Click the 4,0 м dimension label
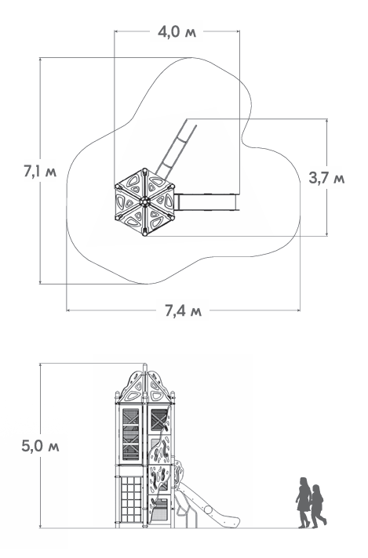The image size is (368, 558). coord(177,32)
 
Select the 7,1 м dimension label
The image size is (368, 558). coord(40,172)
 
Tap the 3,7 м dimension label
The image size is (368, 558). coord(326,178)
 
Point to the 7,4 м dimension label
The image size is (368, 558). coord(183,310)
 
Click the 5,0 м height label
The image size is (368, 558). coord(40,446)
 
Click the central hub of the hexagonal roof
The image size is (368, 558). coord(144,201)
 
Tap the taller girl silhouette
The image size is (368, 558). coord(304,502)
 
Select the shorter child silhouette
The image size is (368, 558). coord(318,506)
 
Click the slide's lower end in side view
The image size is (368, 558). coord(232,522)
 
